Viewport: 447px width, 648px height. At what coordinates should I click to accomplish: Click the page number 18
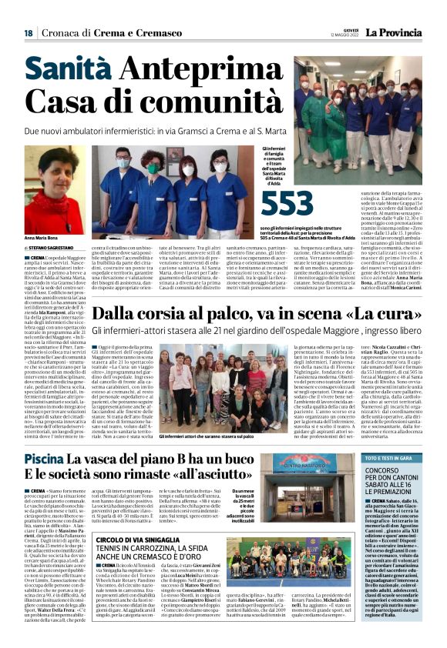tap(28, 33)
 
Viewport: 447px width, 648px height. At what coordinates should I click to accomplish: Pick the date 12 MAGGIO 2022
tap(342, 33)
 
